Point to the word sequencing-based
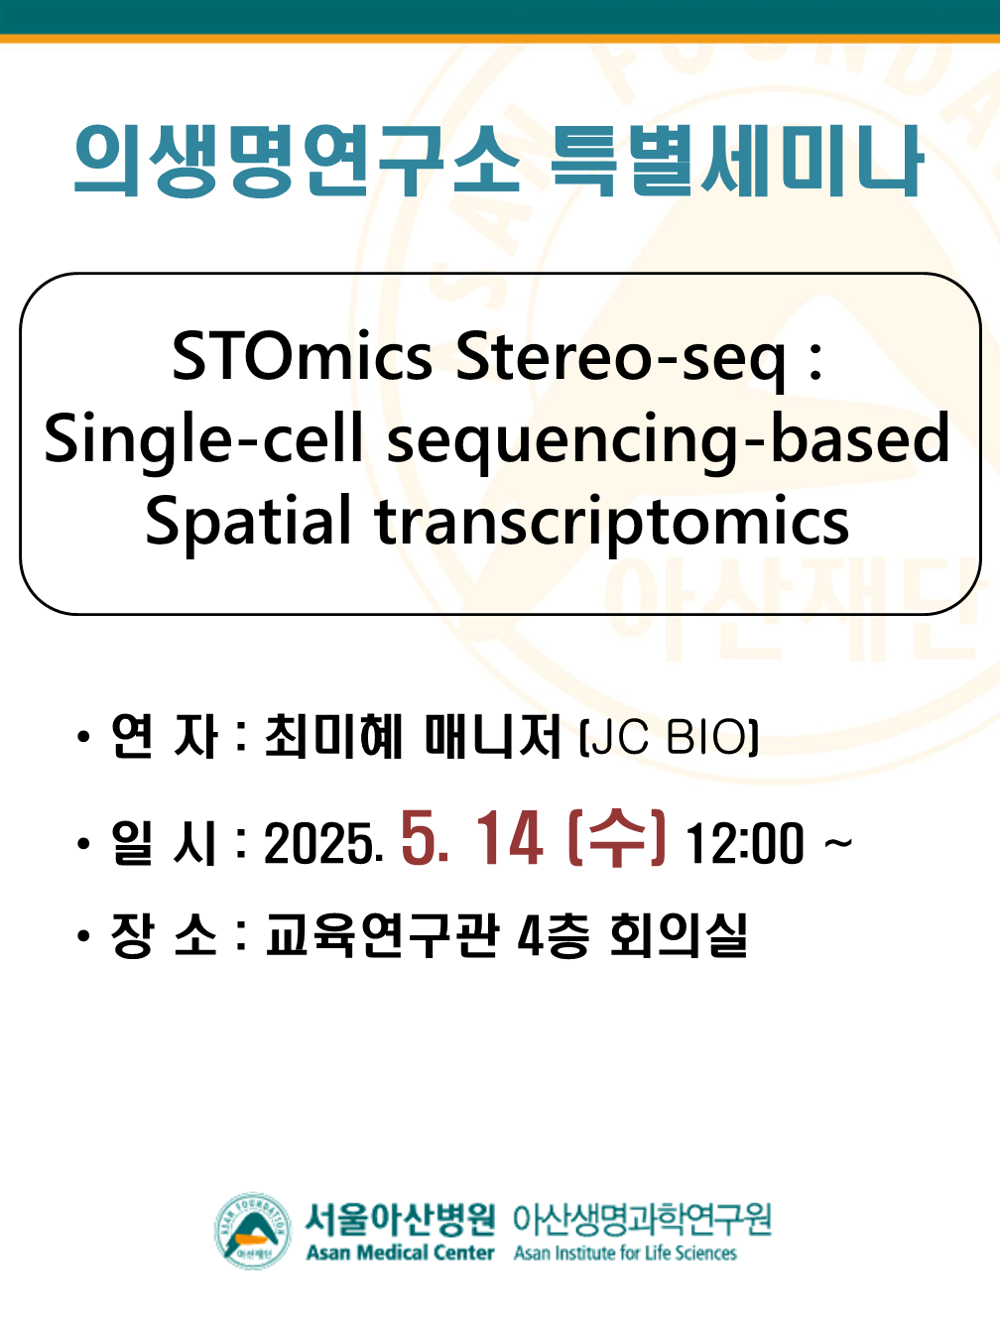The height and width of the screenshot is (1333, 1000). [669, 442]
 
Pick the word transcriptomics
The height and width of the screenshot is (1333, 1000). [612, 524]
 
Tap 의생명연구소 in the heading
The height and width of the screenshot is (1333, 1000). [297, 161]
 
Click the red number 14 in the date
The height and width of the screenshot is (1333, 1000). [509, 839]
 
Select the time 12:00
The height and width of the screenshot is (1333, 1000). [744, 844]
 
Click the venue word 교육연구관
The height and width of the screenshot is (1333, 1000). [383, 936]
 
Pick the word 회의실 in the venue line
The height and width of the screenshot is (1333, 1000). [679, 936]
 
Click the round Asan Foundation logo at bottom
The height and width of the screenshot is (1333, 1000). [253, 1231]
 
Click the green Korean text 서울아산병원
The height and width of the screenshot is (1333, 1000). [400, 1218]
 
